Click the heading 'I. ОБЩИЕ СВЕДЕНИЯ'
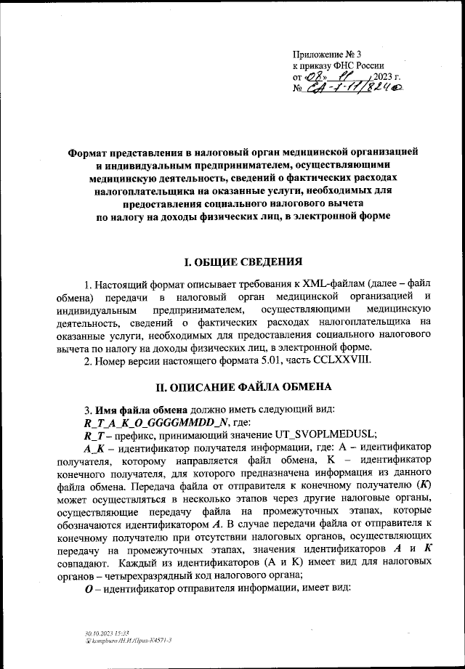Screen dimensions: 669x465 [x=232, y=282]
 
